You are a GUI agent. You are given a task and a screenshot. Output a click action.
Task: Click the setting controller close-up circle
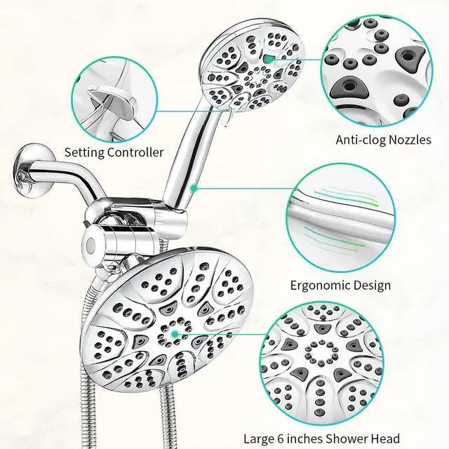point(112,98)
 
